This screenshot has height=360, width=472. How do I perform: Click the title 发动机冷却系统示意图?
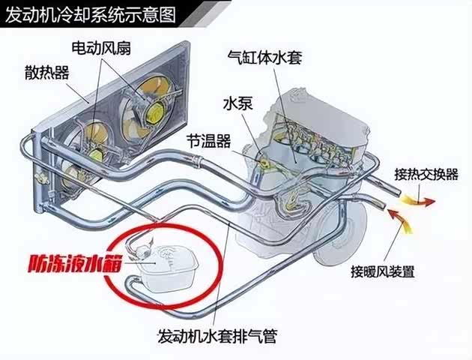(91, 14)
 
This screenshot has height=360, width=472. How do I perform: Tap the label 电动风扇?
(101, 47)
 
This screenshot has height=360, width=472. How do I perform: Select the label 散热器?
(47, 73)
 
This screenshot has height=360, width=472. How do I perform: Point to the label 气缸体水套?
(264, 57)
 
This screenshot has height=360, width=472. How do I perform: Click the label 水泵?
(237, 103)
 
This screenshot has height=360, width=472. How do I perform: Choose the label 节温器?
(208, 141)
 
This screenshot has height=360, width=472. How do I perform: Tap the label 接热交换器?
(426, 174)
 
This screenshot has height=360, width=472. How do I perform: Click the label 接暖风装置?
(383, 271)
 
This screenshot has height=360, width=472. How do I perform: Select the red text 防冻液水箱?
(75, 263)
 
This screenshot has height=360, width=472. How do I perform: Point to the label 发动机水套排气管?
(217, 336)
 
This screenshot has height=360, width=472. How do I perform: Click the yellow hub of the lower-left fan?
(97, 154)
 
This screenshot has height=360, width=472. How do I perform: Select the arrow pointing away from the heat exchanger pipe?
(418, 200)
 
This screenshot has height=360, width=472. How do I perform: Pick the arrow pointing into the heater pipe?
(400, 219)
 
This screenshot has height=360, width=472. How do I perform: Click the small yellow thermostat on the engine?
(265, 163)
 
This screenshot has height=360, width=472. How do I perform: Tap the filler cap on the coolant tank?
(142, 249)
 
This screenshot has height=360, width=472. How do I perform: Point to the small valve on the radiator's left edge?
(41, 178)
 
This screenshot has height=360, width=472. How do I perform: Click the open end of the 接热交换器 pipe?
(397, 192)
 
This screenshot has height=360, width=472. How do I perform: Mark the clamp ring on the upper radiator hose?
(196, 161)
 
